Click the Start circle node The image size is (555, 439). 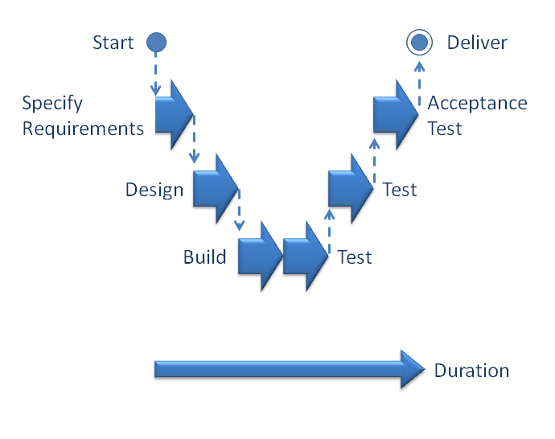click(x=157, y=42)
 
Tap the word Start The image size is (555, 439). click(x=113, y=43)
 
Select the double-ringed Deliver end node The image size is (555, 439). click(x=417, y=42)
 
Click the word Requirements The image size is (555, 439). click(x=83, y=128)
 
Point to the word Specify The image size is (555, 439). click(x=52, y=104)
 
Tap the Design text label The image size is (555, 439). click(x=154, y=191)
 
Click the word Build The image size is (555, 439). click(x=204, y=257)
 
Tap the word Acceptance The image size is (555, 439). click(x=478, y=104)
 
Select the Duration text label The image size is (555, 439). click(x=471, y=371)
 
